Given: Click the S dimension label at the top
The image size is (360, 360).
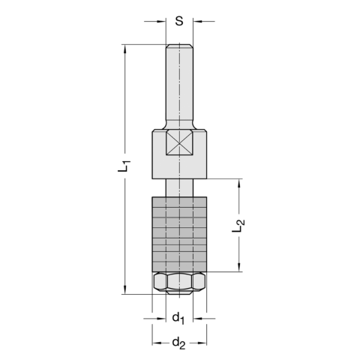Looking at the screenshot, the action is tap(179, 21).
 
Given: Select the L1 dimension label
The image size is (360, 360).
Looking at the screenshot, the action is tap(124, 166).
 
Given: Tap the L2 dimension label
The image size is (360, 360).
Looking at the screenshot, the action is tap(238, 226).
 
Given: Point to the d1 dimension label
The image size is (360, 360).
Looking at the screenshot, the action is tap(178, 319).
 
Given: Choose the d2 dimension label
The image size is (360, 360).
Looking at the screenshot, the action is tap(178, 343).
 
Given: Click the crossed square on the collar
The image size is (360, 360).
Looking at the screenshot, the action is tap(179, 143).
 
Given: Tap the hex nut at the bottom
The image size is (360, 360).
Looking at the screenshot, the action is tap(179, 283).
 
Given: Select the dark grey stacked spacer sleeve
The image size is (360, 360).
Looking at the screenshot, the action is tap(179, 234).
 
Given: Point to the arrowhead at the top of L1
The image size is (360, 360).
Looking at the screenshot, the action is tap(124, 49).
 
